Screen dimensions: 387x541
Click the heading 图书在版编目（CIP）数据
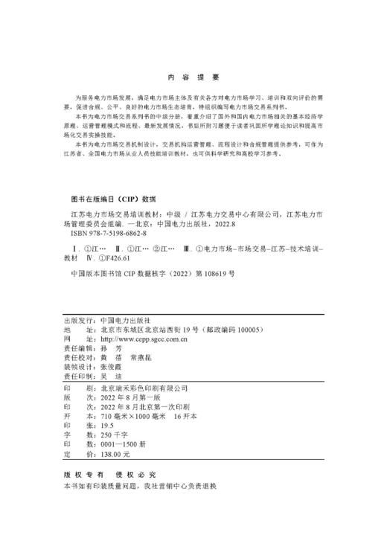(112, 199)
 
